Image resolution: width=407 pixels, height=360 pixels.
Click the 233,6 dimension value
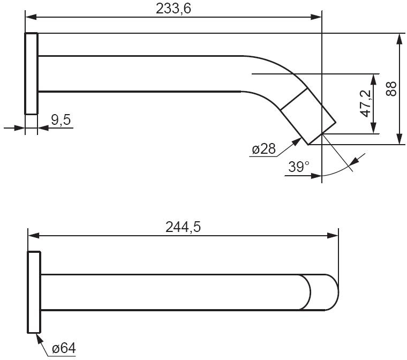click(x=174, y=9)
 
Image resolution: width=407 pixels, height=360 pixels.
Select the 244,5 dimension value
click(x=183, y=227)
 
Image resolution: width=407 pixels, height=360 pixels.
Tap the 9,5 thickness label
click(x=61, y=120)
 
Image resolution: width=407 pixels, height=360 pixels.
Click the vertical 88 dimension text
click(x=391, y=89)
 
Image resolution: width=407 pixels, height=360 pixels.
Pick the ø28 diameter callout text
click(x=263, y=149)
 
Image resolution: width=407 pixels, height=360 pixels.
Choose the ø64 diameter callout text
click(x=64, y=348)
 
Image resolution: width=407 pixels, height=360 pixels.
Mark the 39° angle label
click(x=299, y=167)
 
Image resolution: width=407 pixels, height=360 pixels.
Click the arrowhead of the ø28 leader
click(x=297, y=141)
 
